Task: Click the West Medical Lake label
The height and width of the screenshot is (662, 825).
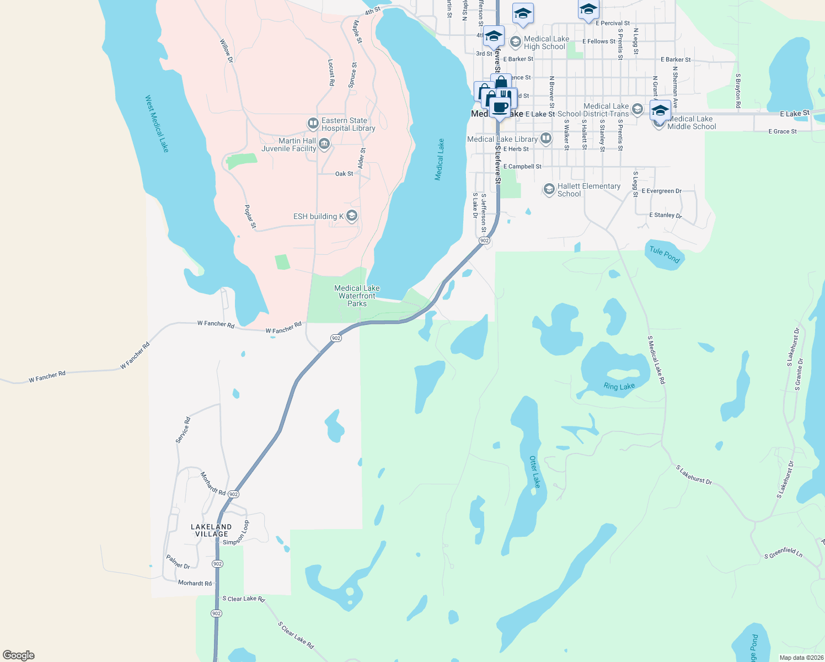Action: coord(157,124)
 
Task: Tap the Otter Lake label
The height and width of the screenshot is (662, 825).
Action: coord(535,472)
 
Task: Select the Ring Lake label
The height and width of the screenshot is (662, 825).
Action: coord(619,387)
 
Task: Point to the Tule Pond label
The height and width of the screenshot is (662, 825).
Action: coord(664,254)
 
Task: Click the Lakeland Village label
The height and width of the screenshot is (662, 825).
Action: coord(211,530)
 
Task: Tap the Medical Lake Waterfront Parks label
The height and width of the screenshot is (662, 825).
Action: coord(357,296)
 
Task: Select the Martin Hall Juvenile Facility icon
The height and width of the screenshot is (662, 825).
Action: coord(324,145)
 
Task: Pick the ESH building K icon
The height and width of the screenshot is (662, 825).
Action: coord(352,216)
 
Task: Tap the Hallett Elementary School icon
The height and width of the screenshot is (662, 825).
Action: coord(549,189)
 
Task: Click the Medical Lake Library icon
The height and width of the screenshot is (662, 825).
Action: coord(546,138)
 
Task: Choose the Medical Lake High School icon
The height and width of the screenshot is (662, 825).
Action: coord(515,42)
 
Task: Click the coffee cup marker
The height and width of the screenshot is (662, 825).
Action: coord(500,108)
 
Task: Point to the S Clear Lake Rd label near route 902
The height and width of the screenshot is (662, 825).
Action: coord(244,599)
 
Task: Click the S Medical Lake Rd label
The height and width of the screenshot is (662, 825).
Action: coord(657,360)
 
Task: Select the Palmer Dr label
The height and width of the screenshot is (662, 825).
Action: coord(178,562)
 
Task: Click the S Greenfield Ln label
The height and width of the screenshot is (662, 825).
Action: coord(783,553)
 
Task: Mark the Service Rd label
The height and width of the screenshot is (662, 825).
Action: coord(183,430)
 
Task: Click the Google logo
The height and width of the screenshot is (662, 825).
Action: coord(19,655)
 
